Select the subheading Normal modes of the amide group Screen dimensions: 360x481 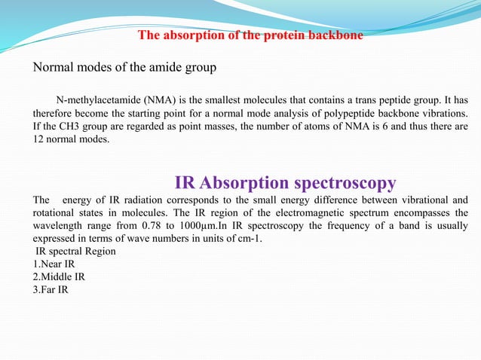124,68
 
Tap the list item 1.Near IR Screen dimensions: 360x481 54,264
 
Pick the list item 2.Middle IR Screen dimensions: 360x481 59,276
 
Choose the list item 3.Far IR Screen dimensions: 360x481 51,289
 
